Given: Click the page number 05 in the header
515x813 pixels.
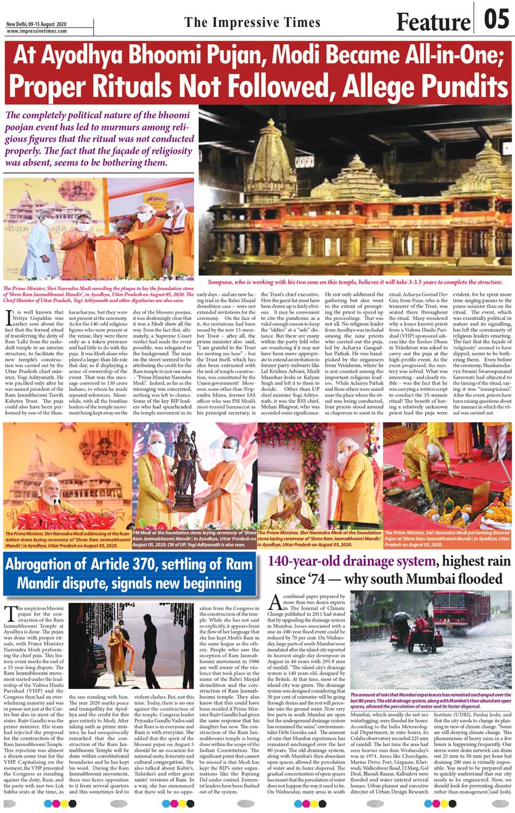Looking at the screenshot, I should click(x=496, y=19).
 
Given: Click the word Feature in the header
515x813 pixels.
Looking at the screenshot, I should click(x=433, y=22).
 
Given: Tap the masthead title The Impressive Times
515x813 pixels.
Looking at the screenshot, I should click(x=252, y=22).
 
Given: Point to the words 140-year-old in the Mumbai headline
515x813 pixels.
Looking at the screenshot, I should click(x=308, y=561).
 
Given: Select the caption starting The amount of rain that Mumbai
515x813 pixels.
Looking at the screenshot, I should click(x=430, y=700).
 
